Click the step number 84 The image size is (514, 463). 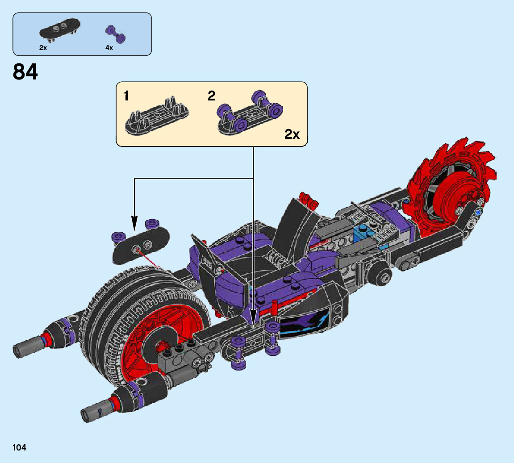tap(25, 72)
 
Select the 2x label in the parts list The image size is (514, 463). tap(43, 47)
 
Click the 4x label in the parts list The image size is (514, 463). tap(109, 47)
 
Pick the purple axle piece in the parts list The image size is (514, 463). tap(115, 33)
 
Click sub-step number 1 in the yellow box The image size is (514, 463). tap(126, 96)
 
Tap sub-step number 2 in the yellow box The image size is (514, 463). tap(211, 96)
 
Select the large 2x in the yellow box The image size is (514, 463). tap(292, 134)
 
